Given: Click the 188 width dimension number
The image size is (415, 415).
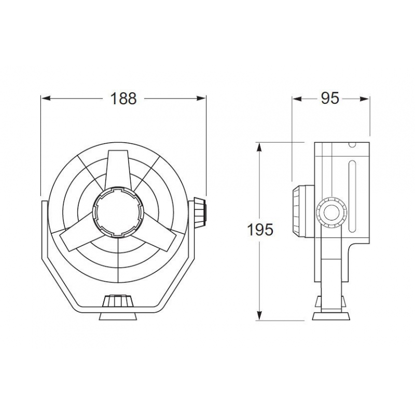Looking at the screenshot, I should pyautogui.click(x=123, y=98).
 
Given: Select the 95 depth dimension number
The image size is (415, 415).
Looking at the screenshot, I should pyautogui.click(x=329, y=98).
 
